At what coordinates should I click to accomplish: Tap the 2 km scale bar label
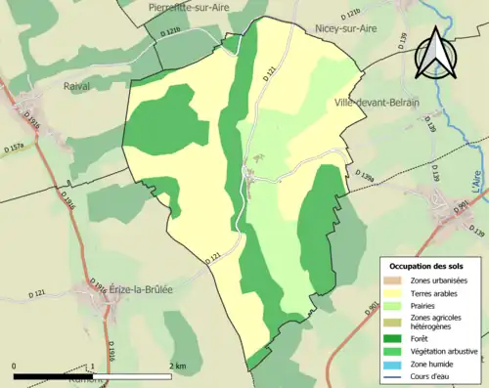coord(176,366)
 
